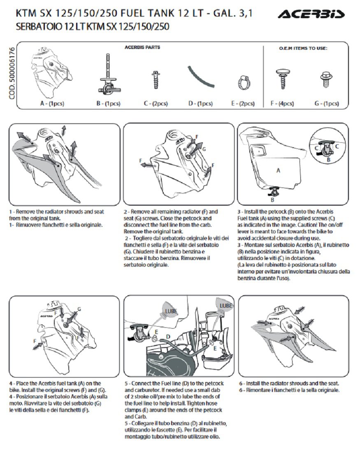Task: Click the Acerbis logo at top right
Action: click(311, 15)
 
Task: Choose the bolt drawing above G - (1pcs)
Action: click(326, 80)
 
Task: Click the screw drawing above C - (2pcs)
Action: click(156, 79)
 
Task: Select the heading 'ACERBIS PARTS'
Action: click(142, 47)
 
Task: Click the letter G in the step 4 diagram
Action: click(79, 309)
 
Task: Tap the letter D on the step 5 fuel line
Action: click(168, 336)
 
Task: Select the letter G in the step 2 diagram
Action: click(204, 149)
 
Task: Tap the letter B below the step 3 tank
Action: click(272, 200)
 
